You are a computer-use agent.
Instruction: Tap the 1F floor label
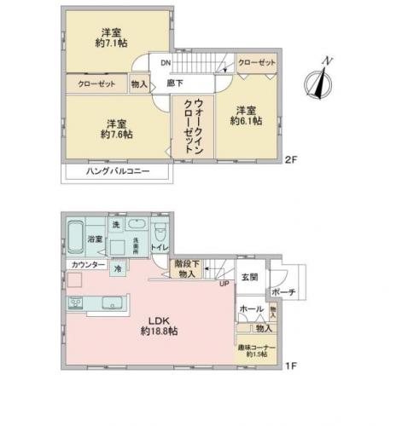coord(291,367)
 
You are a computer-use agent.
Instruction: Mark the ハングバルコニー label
coord(118,171)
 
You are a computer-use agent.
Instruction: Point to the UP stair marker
coord(224,284)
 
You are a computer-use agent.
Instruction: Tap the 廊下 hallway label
coord(175,83)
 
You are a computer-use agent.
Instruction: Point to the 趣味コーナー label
coord(256,350)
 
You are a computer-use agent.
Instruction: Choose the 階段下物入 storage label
coord(187,269)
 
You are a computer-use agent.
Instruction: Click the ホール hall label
coord(250,308)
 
